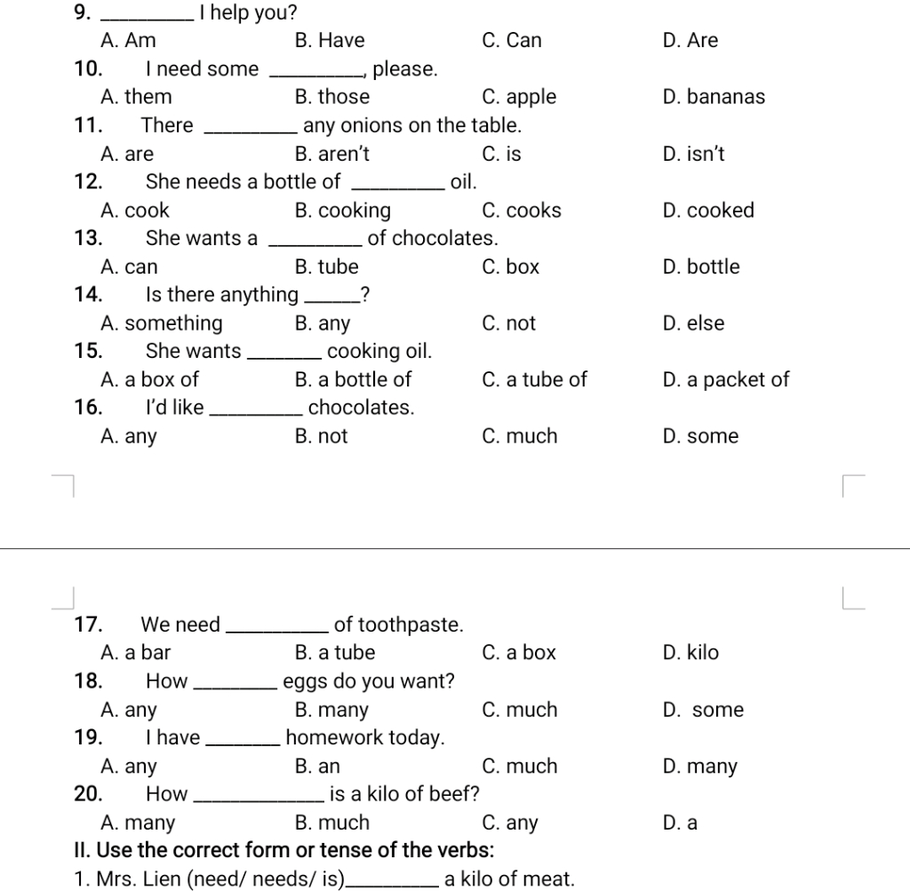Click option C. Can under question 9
coord(511,41)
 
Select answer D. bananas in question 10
coord(714,97)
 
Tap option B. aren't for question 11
coord(331,155)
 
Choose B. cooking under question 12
coord(342,211)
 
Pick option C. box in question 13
coord(510,267)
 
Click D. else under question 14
coord(693,323)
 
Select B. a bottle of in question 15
coord(353,380)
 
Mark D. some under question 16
coord(700,436)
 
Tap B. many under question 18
coord(331,710)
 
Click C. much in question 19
coord(520,766)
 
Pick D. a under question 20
coord(680,823)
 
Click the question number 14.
coord(87,295)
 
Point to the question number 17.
coord(87,624)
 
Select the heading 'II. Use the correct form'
coord(284,850)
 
